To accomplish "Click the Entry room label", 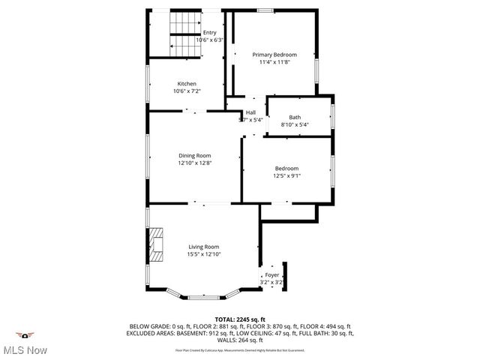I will click(209, 32).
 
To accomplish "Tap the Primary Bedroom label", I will click(274, 55).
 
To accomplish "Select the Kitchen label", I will click(187, 83).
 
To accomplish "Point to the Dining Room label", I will click(191, 155).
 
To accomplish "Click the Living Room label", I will click(203, 247).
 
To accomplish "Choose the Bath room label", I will click(295, 117).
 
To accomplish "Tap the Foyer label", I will click(272, 275).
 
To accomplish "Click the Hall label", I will click(250, 112).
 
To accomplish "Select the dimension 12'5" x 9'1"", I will click(286, 176).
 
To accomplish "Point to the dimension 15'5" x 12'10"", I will click(204, 254).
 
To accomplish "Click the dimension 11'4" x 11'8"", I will click(274, 62).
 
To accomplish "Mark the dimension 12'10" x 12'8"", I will click(191, 163).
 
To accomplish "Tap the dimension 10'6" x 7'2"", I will click(187, 91).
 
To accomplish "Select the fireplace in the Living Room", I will click(154, 243).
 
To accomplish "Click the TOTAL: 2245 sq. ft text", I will click(240, 319).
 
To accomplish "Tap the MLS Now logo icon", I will click(26, 335).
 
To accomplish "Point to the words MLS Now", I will click(27, 350).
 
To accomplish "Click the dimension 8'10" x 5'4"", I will click(295, 124).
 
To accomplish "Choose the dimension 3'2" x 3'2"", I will click(272, 283).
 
